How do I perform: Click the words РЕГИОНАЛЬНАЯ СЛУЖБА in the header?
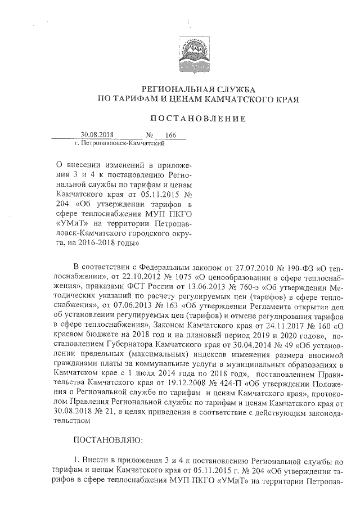[197, 89]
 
